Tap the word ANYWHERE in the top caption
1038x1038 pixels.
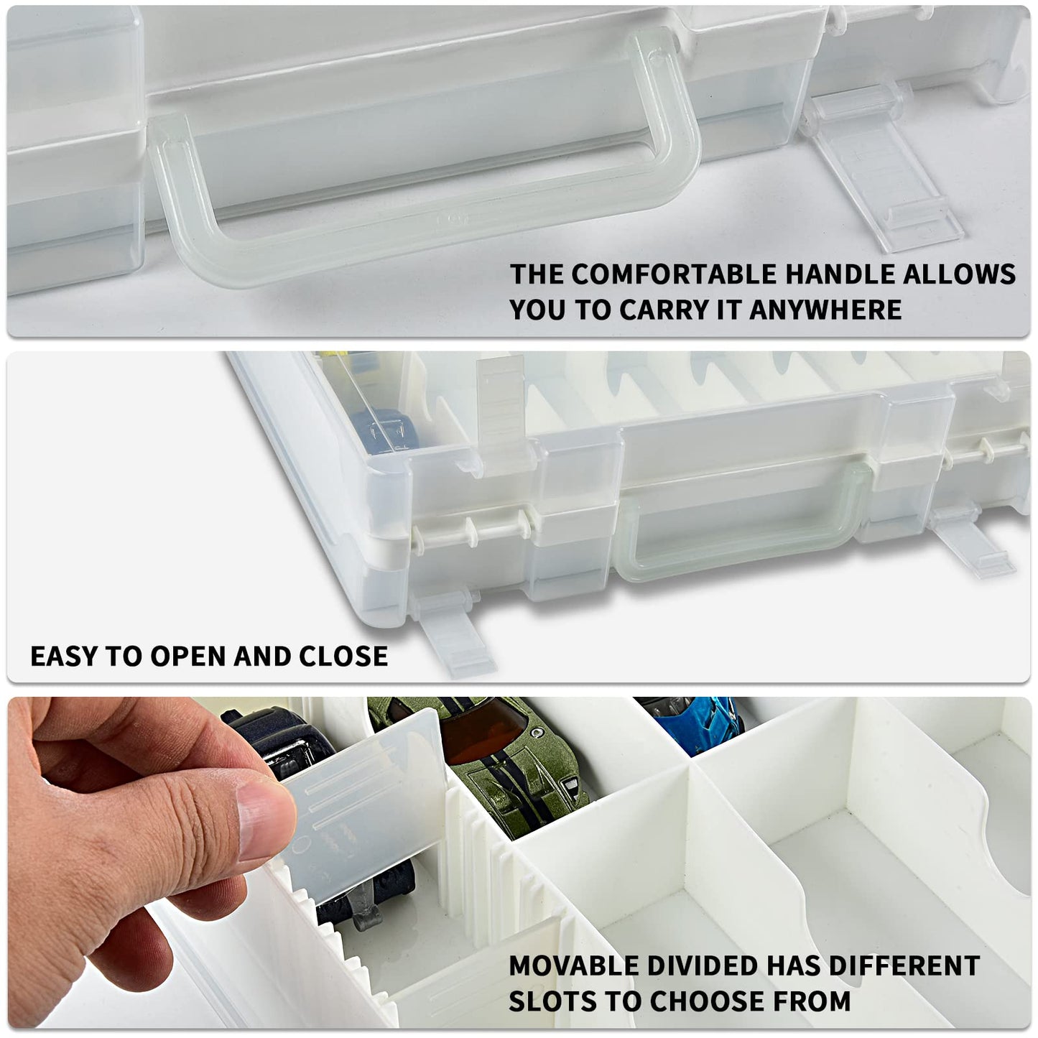tap(825, 310)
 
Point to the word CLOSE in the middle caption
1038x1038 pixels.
tap(343, 656)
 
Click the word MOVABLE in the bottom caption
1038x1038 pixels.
tap(573, 966)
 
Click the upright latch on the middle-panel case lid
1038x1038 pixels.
tap(500, 414)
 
